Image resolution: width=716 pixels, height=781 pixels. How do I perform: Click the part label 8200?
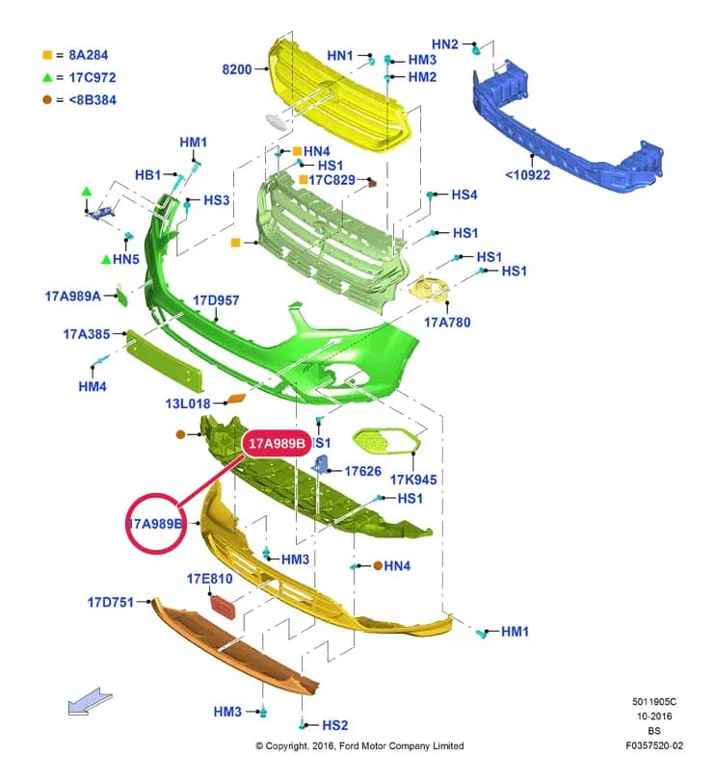pos(237,69)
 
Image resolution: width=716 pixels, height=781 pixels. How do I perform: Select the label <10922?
pos(527,175)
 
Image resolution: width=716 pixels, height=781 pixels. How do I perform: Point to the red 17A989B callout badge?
pos(277,443)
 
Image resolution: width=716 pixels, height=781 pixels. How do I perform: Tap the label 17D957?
pos(216,300)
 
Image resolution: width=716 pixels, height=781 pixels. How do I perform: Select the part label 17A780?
pos(447,323)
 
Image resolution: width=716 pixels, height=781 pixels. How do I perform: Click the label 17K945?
pos(413,480)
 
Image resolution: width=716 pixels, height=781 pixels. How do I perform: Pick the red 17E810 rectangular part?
pos(223,606)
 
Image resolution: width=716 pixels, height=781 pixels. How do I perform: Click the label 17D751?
pos(111,602)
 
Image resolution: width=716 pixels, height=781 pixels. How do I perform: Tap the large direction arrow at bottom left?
pos(90,701)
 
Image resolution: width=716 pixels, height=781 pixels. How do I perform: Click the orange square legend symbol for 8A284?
pos(47,55)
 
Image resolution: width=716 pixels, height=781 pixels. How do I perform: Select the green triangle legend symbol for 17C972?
pos(47,77)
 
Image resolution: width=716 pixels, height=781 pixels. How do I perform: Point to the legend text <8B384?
pos(93,99)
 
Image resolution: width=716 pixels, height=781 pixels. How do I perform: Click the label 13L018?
pos(188,404)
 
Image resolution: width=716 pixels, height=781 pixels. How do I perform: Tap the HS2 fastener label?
pos(334,725)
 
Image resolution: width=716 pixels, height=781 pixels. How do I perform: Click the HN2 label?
pos(444,44)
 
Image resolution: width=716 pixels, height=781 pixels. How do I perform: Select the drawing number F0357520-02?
pos(654,745)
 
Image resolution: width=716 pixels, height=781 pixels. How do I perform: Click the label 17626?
pos(362,471)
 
